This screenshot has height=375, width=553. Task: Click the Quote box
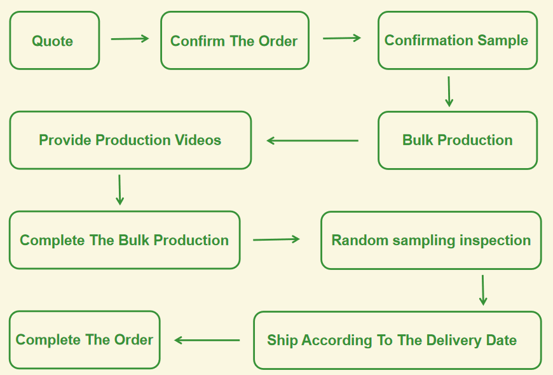[x=54, y=41]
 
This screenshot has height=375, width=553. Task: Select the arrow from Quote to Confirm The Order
[x=130, y=39]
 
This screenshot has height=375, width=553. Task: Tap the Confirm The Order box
[x=234, y=41]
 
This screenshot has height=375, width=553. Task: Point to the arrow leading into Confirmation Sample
[x=342, y=38]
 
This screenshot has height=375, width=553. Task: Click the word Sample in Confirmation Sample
[x=502, y=40]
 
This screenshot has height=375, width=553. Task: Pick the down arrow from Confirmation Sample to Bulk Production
[x=449, y=92]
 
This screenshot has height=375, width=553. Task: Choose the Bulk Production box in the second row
[x=457, y=140]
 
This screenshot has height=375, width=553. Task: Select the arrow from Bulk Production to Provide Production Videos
[x=312, y=141]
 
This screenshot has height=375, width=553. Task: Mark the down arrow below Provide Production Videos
[x=119, y=189]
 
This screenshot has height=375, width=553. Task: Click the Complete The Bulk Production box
[x=124, y=240]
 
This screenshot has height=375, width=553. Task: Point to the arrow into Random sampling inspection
[x=276, y=239]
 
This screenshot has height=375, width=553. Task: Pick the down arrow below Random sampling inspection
[x=482, y=290]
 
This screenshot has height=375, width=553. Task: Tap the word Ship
[x=282, y=340]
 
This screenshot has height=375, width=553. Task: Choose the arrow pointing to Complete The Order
[x=207, y=340]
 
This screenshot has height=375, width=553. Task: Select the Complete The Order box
[x=84, y=339]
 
